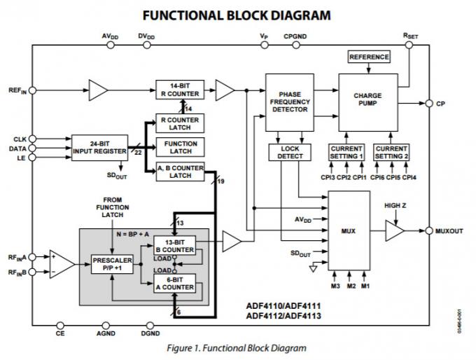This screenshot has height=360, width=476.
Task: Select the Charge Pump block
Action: pyautogui.click(x=367, y=101)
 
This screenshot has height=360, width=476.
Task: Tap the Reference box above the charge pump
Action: pyautogui.click(x=368, y=57)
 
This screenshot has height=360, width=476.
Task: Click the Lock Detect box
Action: pyautogui.click(x=286, y=152)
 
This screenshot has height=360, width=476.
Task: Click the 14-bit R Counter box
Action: pyautogui.click(x=181, y=90)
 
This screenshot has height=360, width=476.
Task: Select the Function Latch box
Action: pyautogui.click(x=181, y=147)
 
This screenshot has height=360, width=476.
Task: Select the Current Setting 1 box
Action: pyautogui.click(x=346, y=152)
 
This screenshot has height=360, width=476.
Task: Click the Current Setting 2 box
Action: pyautogui.click(x=391, y=152)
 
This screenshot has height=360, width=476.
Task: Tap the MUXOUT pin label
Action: pyautogui.click(x=449, y=230)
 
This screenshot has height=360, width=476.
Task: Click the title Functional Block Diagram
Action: pyautogui.click(x=237, y=15)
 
